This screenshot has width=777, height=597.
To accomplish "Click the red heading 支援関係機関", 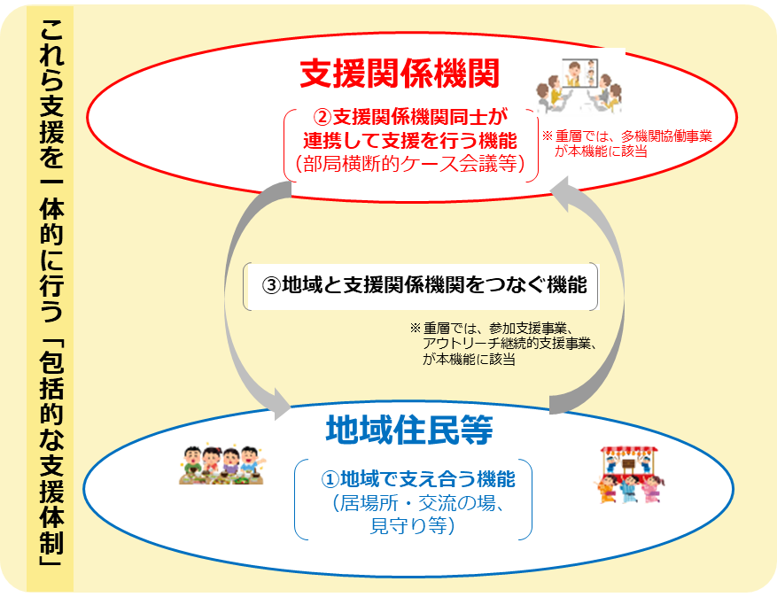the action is click(400, 74).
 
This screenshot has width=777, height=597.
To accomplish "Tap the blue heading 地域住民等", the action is click(409, 430).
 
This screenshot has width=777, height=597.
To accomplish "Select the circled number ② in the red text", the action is click(322, 118).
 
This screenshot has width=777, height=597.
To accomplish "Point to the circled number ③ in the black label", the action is click(271, 285).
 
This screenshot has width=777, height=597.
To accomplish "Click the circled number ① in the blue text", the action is click(330, 479).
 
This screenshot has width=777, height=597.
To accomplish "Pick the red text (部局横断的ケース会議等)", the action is click(410, 164).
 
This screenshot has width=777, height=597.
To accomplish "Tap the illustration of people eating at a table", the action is click(221, 465).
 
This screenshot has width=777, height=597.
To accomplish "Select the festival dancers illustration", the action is click(629, 475).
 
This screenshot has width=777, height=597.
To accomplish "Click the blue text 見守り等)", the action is click(412, 526).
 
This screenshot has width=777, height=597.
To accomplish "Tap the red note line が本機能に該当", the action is click(601, 151).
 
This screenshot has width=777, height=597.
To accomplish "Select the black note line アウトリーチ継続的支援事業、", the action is click(509, 344).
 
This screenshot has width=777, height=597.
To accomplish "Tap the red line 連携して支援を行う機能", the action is click(410, 141).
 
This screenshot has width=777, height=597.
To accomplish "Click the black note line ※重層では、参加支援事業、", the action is click(492, 328).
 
